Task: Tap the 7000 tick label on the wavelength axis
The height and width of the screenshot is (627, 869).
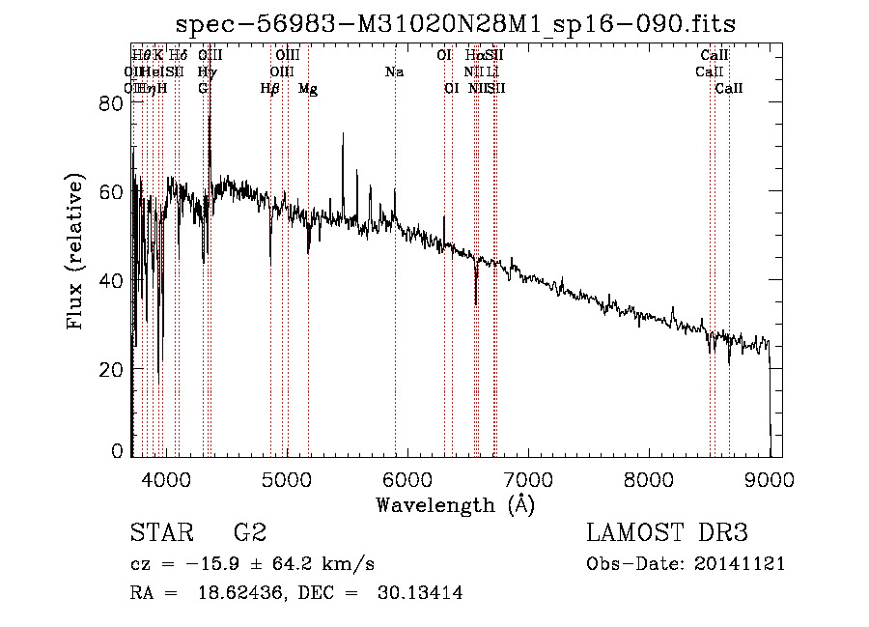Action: coord(527,479)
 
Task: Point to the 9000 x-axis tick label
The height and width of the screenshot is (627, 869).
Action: coord(769,479)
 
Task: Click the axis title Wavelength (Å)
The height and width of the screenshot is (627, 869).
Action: coord(455,504)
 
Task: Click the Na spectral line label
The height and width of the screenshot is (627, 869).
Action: coord(394,72)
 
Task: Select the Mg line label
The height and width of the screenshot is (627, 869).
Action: coord(308,89)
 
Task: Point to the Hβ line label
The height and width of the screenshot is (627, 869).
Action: coord(270,89)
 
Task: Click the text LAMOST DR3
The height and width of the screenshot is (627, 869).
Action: coord(667,533)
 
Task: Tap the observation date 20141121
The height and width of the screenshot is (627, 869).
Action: coord(744,564)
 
